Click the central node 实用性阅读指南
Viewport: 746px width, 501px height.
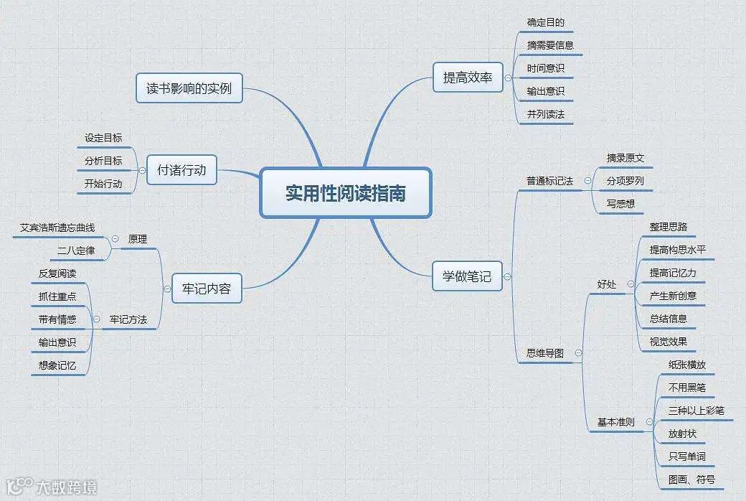coord(345,192)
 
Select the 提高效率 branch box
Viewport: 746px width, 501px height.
coord(467,78)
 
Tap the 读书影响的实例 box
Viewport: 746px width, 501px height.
coord(189,90)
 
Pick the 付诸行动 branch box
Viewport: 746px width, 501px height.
coord(181,170)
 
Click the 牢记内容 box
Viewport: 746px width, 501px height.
coord(207,289)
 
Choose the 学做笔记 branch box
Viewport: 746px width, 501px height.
coord(467,276)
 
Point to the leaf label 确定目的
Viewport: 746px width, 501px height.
coord(545,22)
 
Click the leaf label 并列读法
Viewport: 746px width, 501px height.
coord(545,114)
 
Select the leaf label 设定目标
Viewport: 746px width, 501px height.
coord(103,138)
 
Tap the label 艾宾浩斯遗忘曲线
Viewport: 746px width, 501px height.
coord(57,228)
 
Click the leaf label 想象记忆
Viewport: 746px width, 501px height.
coord(57,365)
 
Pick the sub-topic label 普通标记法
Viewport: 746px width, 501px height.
coord(549,181)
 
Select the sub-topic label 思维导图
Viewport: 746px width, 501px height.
coord(545,353)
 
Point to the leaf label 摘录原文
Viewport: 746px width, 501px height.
coord(625,158)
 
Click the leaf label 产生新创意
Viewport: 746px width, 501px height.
coord(673,296)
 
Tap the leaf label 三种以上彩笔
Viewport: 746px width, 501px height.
coord(696,411)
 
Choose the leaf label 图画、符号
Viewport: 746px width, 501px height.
coord(691,479)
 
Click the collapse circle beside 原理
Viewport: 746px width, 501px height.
coord(115,239)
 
